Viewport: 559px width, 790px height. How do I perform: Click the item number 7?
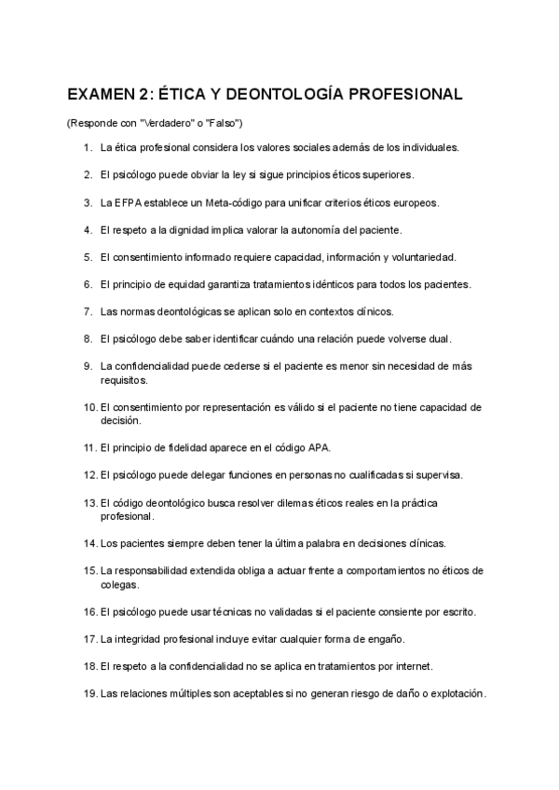click(x=88, y=311)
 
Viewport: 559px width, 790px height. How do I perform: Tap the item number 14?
click(x=90, y=543)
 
